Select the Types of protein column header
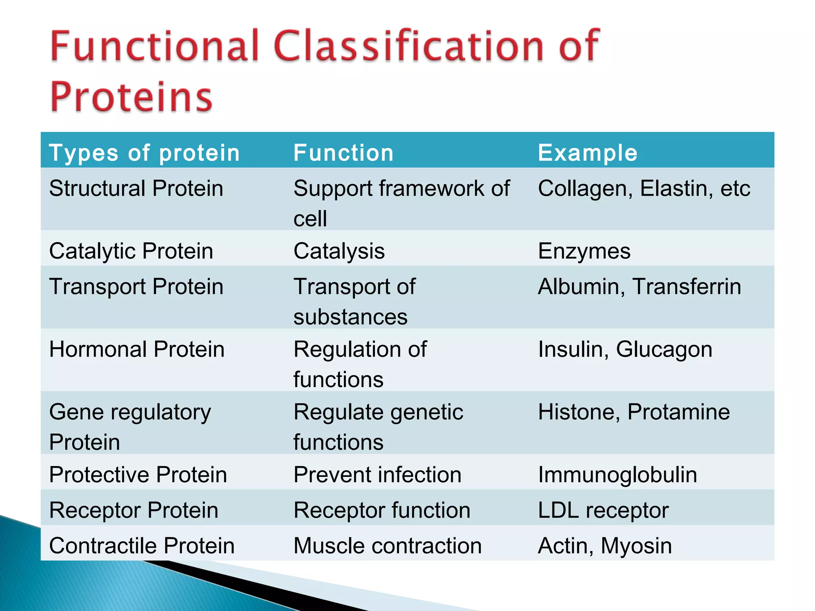click(144, 153)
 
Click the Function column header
click(343, 153)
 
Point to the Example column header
click(587, 153)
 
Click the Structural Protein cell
click(136, 188)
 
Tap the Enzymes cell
click(584, 251)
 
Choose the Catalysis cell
click(339, 251)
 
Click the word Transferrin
click(686, 286)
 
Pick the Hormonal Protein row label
click(137, 349)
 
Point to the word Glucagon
click(664, 350)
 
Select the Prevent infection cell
click(377, 475)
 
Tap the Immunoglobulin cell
click(617, 475)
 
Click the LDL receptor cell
click(603, 510)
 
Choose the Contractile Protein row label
click(142, 545)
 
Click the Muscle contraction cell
click(387, 545)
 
